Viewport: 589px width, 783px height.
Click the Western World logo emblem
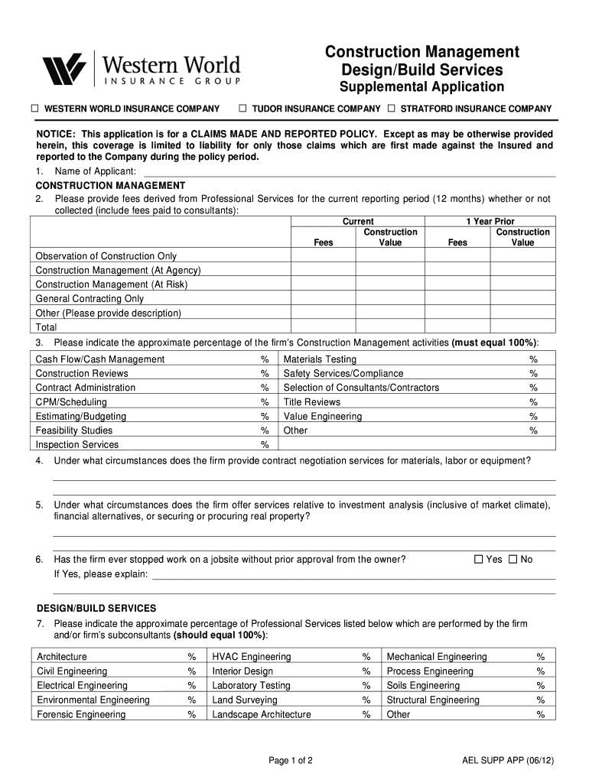63,70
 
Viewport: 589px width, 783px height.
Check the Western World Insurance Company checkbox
34,109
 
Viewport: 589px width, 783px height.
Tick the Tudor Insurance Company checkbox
243,109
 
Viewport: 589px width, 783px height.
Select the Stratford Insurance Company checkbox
392,109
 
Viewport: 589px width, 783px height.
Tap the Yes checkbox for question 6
479,559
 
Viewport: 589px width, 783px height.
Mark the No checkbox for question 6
513,559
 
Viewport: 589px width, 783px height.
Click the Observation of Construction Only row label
106,256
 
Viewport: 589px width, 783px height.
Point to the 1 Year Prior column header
490,221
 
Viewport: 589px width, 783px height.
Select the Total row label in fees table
47,327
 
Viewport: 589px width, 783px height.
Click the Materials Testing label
320,359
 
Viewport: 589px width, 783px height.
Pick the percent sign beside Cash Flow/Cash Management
265,359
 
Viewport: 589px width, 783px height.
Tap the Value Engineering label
322,417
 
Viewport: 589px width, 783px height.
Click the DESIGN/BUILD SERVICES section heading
96,608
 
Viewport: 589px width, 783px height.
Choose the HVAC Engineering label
252,657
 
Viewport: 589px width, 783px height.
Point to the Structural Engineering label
433,700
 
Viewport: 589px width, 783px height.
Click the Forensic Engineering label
81,714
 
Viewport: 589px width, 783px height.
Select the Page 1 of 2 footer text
291,761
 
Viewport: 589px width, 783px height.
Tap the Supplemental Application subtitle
421,87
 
